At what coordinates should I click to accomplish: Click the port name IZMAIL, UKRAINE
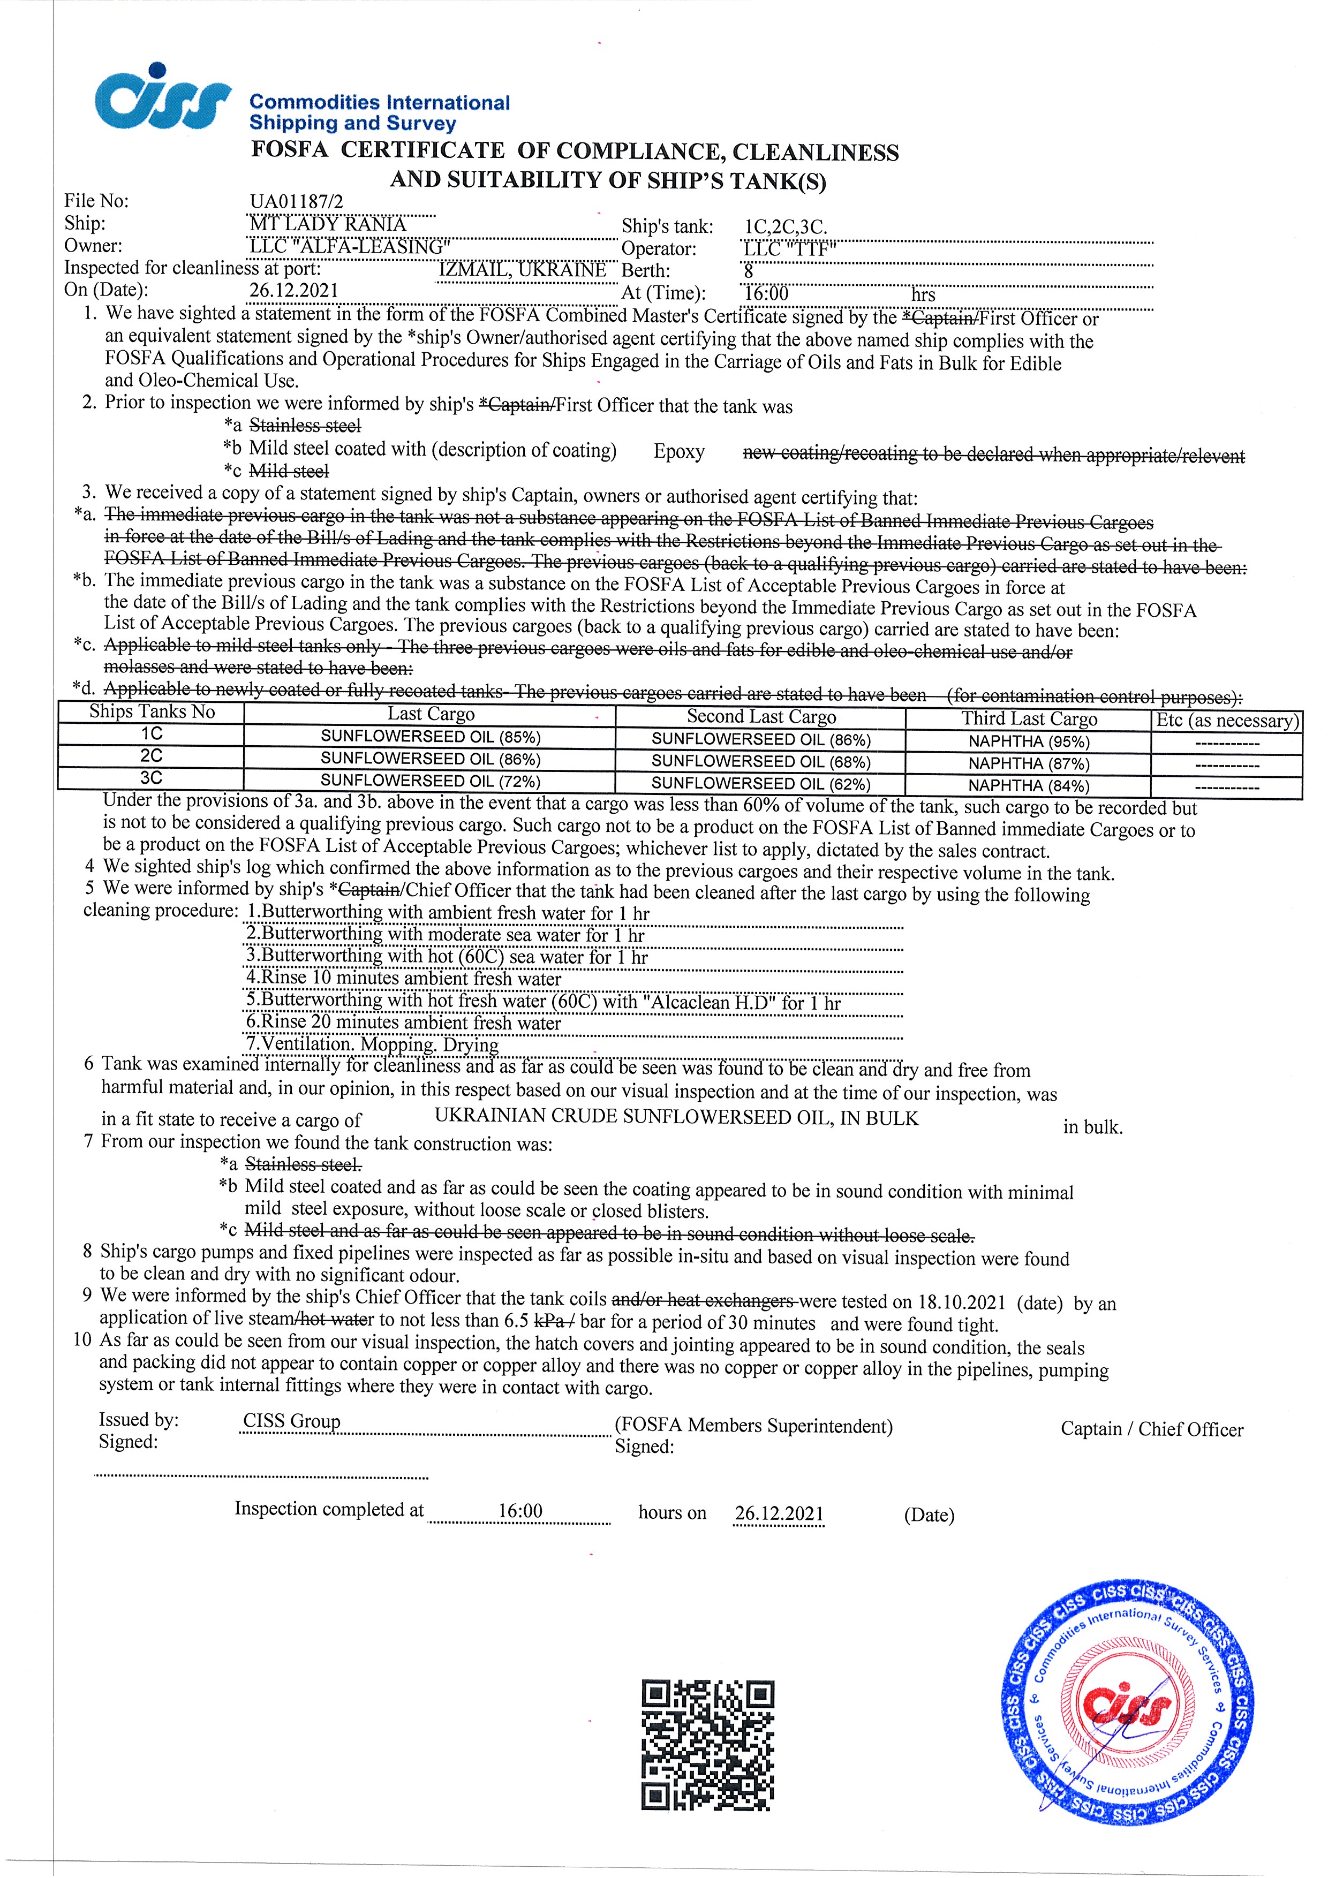(522, 269)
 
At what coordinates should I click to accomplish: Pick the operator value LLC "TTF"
(788, 249)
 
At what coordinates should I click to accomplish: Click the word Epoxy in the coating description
(678, 452)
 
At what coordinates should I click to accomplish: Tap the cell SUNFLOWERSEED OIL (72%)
(431, 781)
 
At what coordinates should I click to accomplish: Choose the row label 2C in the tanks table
(152, 756)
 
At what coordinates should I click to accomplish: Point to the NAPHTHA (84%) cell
(1029, 786)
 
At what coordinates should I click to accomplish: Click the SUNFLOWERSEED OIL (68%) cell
(761, 761)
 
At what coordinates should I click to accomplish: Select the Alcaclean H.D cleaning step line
(544, 1002)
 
